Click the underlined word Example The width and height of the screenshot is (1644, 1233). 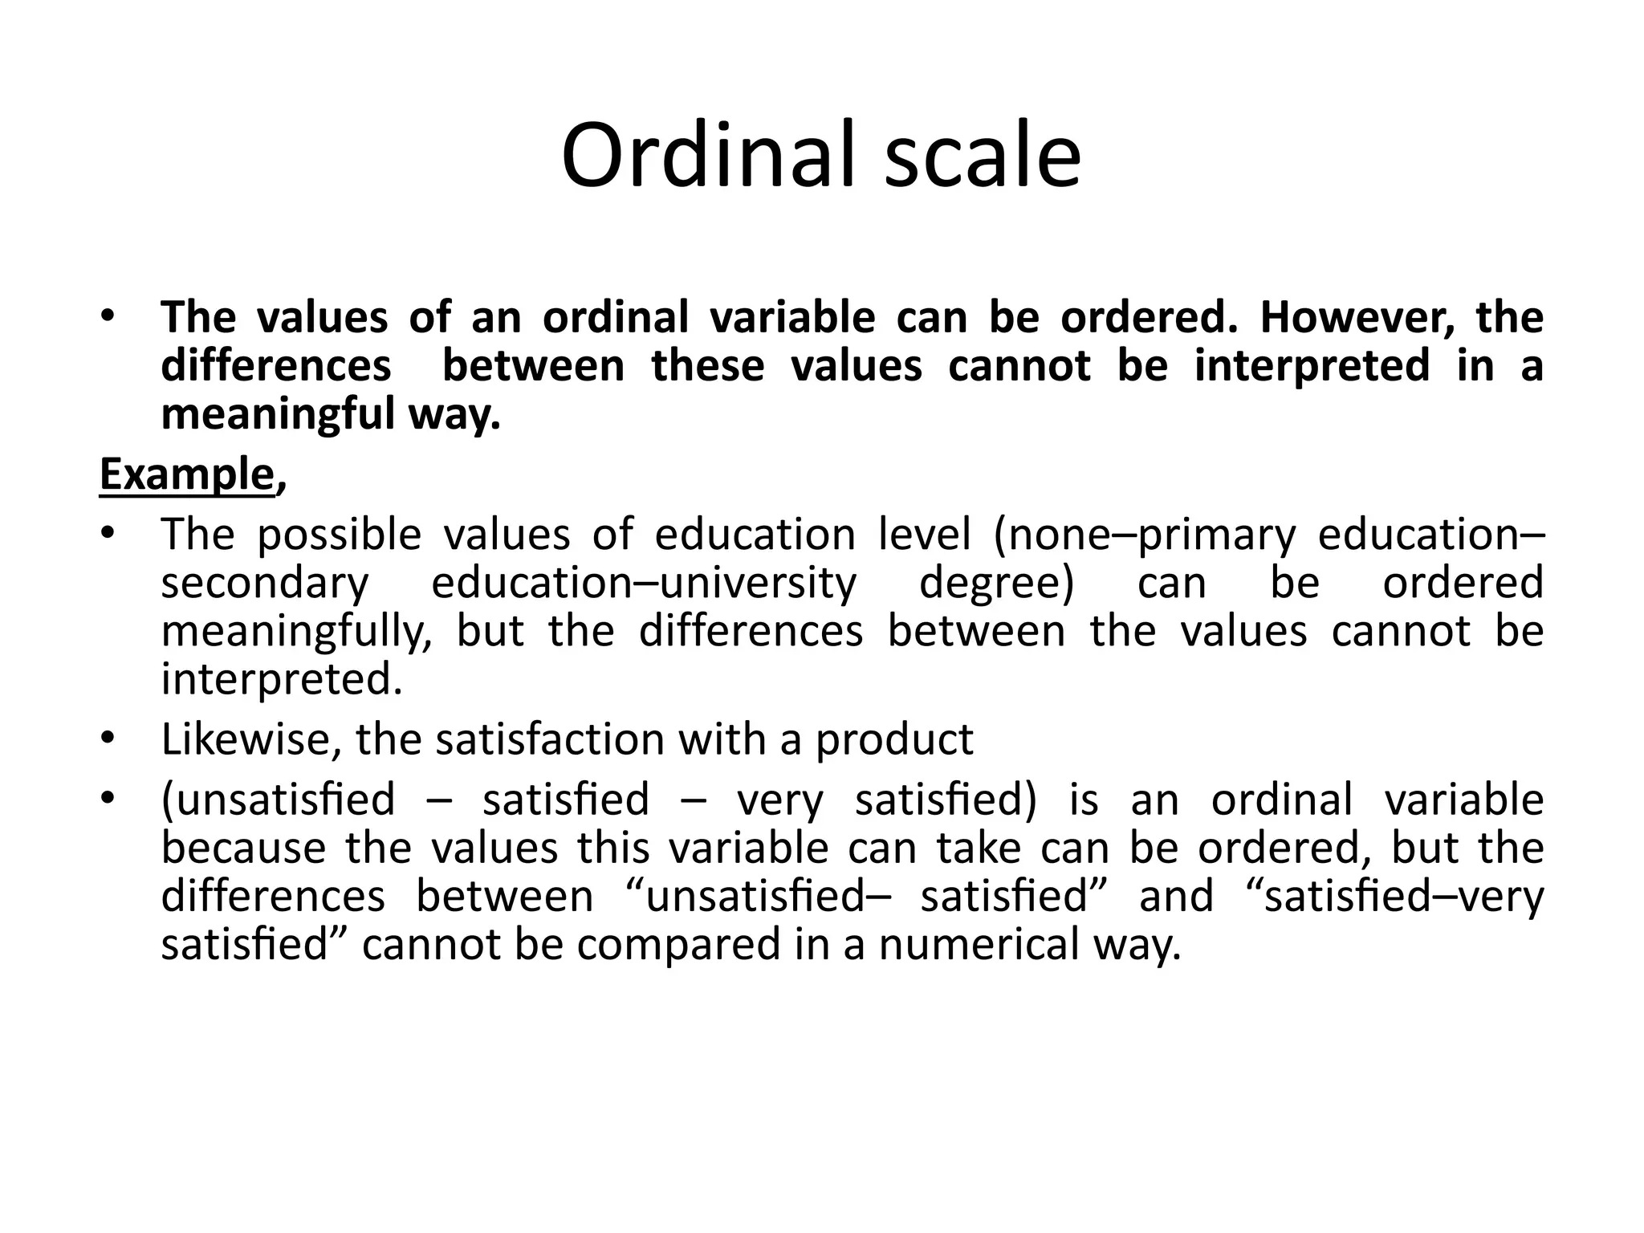click(186, 474)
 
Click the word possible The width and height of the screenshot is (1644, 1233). click(340, 535)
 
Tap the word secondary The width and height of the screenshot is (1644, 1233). click(264, 584)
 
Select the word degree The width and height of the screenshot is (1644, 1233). click(995, 584)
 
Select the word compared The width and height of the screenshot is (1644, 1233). click(678, 945)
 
